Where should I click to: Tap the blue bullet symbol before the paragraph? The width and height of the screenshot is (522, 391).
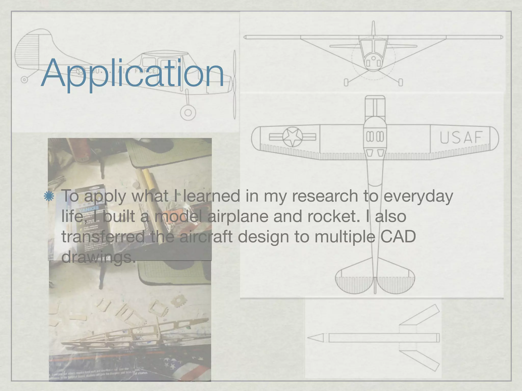tap(48, 196)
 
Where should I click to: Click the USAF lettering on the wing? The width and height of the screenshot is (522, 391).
tap(461, 137)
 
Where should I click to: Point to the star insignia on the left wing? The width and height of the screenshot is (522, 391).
tap(293, 137)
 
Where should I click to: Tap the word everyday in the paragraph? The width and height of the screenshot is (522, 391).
tap(419, 196)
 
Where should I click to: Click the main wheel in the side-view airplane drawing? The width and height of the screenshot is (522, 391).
tap(188, 112)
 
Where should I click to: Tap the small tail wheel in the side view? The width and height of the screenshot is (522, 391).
tap(24, 80)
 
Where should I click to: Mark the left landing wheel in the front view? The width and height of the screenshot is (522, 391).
tap(346, 82)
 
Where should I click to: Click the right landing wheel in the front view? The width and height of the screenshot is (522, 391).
tap(400, 82)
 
